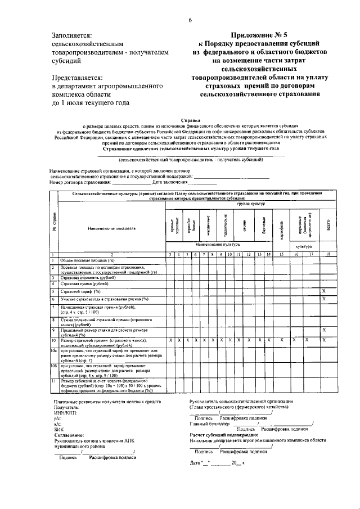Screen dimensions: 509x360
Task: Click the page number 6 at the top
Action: point(190,20)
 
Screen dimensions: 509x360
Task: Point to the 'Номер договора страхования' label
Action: point(80,182)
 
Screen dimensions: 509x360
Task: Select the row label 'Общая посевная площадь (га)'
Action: point(87,261)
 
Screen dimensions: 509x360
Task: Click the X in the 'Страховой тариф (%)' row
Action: point(323,291)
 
